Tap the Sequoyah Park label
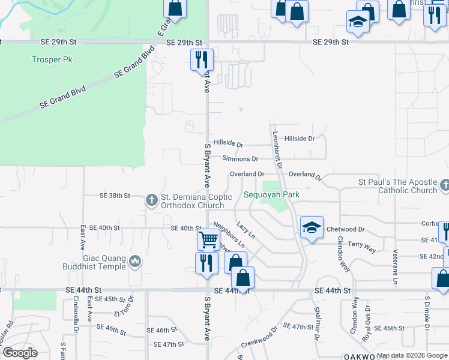click(x=271, y=195)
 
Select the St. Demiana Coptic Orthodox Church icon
click(x=152, y=199)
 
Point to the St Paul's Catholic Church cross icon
click(x=444, y=185)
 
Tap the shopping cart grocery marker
click(x=208, y=239)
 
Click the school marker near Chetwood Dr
click(x=312, y=227)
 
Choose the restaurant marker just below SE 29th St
click(x=202, y=59)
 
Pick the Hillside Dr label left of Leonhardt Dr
click(x=228, y=145)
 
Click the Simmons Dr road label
click(x=240, y=159)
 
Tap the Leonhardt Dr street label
click(x=277, y=149)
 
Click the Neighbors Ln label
click(x=229, y=237)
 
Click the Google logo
click(x=20, y=353)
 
